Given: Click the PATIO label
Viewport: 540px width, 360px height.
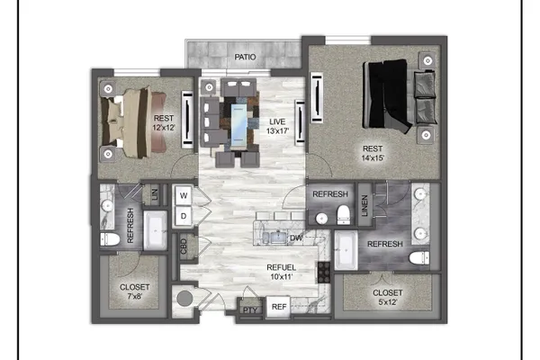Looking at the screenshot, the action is (245, 57).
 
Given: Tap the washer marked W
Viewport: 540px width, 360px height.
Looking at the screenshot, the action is (184, 195).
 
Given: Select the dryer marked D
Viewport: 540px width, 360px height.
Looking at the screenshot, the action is (184, 216).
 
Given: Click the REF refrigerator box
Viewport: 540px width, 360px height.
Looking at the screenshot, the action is (279, 306).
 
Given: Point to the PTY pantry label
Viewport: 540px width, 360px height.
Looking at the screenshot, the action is (250, 310).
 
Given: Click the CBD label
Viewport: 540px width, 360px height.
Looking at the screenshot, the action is (184, 247).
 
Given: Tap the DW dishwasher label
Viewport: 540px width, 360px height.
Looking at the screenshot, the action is (296, 238).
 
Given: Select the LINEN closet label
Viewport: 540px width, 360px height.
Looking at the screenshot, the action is (364, 206).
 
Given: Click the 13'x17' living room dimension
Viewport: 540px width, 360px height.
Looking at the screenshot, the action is (277, 130).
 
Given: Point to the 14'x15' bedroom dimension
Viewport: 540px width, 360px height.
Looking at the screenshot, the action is (373, 157).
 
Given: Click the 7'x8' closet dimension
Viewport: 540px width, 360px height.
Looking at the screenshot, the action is (134, 296).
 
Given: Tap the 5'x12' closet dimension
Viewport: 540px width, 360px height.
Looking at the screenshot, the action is (387, 301).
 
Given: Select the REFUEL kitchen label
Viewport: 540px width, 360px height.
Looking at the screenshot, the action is (281, 267).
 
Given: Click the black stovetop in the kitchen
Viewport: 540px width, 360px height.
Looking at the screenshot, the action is (324, 272).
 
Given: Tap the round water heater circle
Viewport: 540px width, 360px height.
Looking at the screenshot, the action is (184, 298).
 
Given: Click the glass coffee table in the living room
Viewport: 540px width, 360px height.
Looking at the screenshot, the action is (238, 125).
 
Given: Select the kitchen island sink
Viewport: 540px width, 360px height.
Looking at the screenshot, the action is (274, 238).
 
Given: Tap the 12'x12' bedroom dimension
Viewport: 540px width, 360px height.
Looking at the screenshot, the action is (164, 127).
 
